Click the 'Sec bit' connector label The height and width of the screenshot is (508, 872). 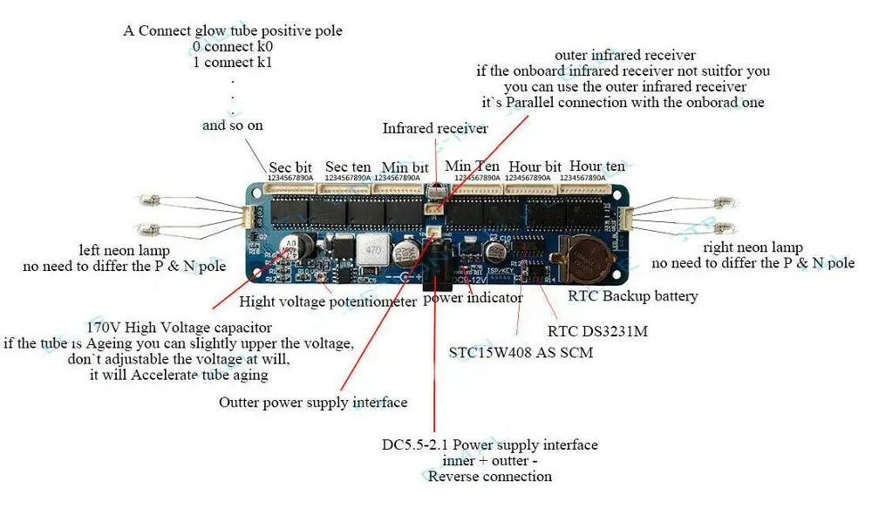[x=290, y=167]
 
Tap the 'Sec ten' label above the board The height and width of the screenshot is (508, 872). [x=348, y=166]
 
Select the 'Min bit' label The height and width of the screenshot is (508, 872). [x=405, y=167]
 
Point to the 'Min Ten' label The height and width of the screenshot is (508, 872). [x=473, y=166]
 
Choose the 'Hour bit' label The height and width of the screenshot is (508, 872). [x=535, y=166]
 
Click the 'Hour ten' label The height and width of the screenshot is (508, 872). [x=597, y=166]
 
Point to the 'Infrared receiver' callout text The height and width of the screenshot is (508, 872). [x=435, y=128]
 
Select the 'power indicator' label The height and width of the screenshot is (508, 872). [x=473, y=298]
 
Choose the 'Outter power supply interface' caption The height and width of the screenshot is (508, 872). [x=313, y=403]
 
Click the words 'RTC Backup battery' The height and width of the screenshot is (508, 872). [x=632, y=296]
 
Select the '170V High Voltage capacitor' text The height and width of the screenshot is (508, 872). [x=172, y=328]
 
